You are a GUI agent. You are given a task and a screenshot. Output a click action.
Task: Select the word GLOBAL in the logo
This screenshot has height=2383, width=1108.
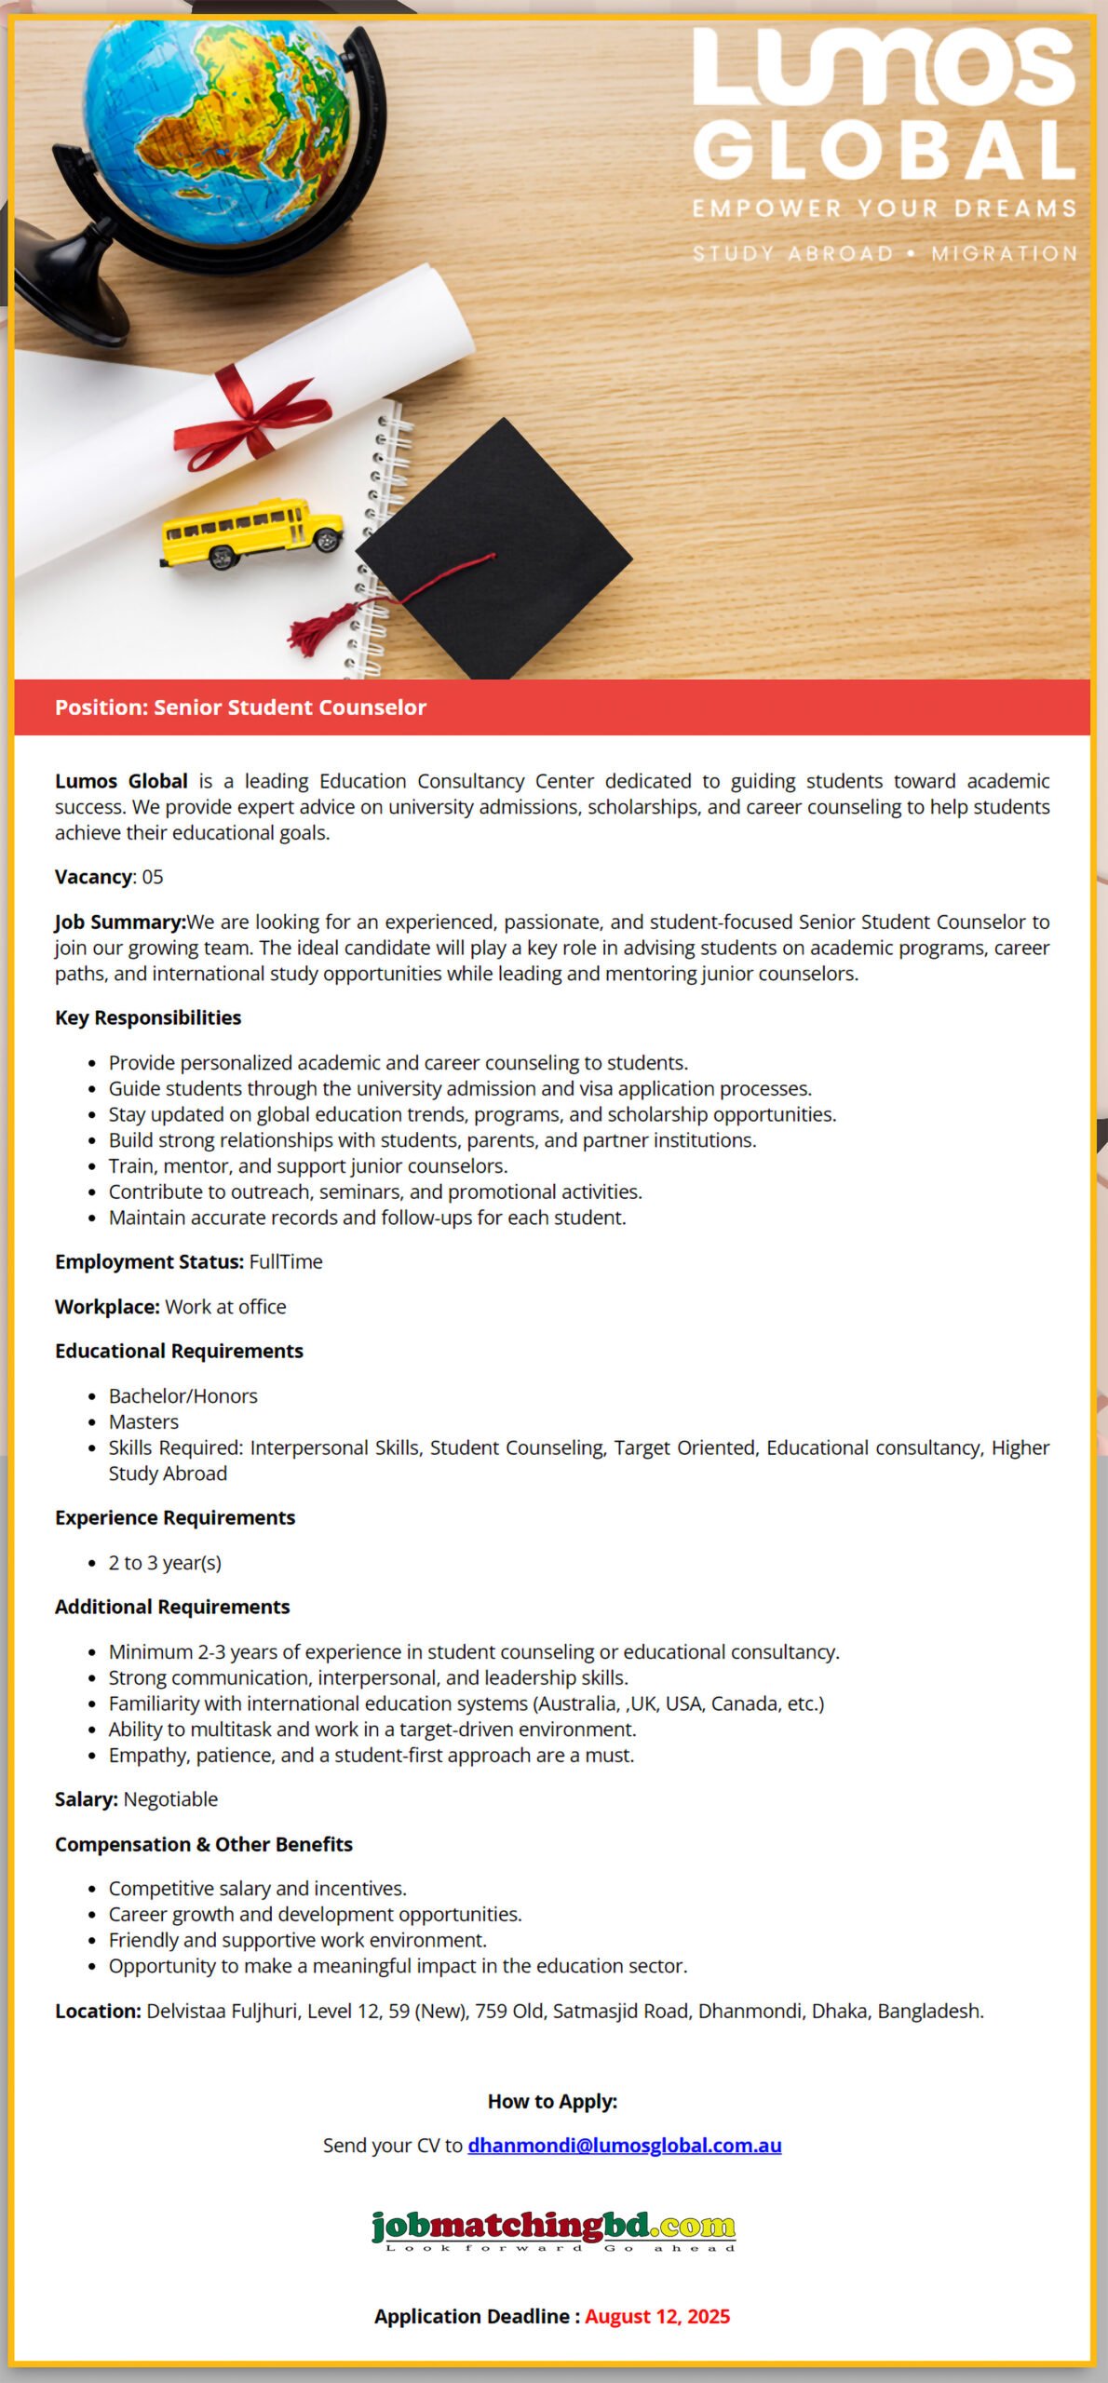(885, 150)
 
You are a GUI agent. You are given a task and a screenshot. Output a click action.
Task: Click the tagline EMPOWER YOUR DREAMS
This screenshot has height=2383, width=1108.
(885, 209)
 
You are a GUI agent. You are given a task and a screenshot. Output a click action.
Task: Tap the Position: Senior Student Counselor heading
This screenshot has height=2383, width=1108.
(240, 707)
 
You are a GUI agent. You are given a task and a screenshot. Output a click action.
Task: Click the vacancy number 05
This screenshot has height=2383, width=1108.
(153, 877)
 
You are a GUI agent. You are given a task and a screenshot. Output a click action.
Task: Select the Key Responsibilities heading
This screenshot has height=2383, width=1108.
(148, 1017)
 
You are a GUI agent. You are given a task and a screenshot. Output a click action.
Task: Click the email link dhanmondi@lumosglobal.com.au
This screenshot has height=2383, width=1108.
(625, 2145)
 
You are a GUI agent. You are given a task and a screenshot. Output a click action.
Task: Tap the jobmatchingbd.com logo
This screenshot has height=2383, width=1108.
(553, 2228)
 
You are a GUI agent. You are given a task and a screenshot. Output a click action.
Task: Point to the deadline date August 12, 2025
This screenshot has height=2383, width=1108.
(657, 2316)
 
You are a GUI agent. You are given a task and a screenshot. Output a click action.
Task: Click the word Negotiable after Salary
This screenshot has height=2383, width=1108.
(170, 1799)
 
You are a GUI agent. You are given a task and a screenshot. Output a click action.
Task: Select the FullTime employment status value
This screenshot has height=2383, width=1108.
(286, 1261)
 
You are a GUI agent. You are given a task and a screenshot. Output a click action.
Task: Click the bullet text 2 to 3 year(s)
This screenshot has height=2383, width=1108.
(165, 1562)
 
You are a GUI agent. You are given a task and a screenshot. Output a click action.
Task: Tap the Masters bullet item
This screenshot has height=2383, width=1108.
(143, 1421)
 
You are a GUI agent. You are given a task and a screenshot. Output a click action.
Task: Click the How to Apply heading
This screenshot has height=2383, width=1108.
(553, 2101)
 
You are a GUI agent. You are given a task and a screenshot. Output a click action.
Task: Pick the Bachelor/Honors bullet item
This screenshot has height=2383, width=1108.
(182, 1395)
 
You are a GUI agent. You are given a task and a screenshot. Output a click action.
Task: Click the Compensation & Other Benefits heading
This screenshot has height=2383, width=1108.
(204, 1844)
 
